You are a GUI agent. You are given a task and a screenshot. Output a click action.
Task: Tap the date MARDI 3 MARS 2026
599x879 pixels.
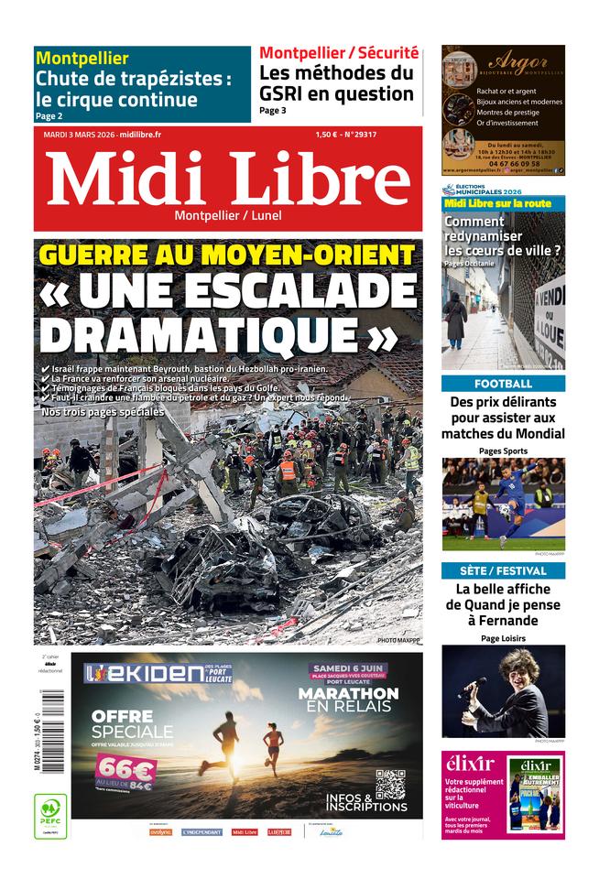81,135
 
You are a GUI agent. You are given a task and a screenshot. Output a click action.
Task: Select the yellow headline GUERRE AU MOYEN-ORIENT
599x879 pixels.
228,255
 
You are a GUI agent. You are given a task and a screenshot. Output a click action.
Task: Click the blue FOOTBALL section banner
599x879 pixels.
503,384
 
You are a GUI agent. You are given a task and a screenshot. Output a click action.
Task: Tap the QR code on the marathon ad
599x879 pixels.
390,784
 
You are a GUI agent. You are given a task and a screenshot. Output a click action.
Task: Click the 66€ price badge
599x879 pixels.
124,771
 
